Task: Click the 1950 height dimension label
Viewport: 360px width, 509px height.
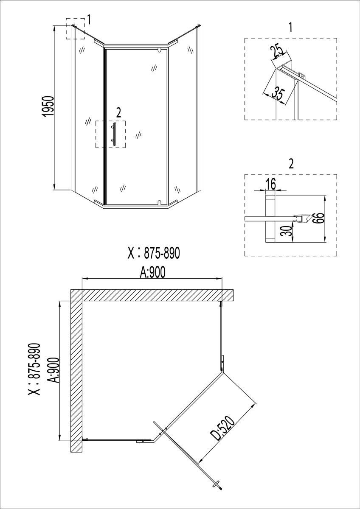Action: tap(48, 107)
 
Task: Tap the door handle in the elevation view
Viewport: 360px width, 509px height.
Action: tap(114, 133)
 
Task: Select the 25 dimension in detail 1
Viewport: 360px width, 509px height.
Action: tap(278, 52)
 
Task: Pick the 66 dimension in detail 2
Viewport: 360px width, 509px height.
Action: tap(320, 218)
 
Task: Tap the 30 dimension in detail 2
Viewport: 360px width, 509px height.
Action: tap(287, 231)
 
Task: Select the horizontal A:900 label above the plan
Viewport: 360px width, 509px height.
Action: tap(152, 272)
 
